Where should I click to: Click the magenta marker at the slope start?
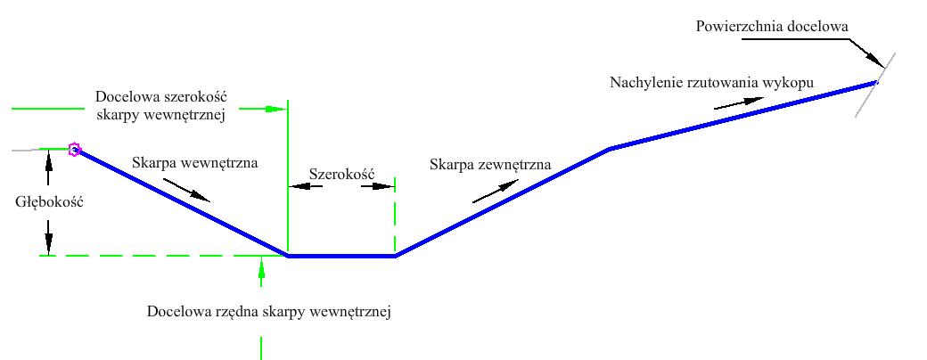click(74, 149)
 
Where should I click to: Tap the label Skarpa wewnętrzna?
click(195, 162)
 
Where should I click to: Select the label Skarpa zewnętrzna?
click(491, 165)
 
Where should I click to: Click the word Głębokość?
click(49, 202)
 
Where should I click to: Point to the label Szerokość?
click(342, 175)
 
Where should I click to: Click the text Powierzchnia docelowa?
click(772, 27)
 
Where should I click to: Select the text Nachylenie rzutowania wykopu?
click(712, 83)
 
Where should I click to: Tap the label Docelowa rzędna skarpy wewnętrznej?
click(269, 312)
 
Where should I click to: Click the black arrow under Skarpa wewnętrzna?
click(187, 190)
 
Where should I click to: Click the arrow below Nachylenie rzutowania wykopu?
click(738, 102)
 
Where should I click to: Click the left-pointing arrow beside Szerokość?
click(305, 186)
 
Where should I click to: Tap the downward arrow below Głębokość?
click(48, 237)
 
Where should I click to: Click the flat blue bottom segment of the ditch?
click(341, 256)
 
